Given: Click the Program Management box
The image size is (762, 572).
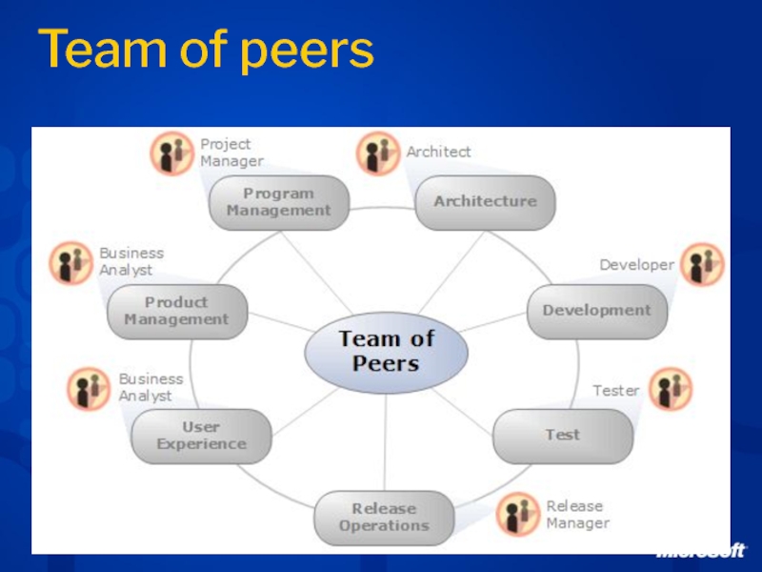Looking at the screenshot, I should click(x=279, y=202).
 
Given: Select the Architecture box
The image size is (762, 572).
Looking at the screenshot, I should click(x=485, y=202).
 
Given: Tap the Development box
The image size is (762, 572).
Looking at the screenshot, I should click(x=597, y=311).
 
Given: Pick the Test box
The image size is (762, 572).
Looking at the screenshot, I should click(x=562, y=435).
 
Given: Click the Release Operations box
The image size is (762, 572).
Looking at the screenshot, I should click(x=384, y=517).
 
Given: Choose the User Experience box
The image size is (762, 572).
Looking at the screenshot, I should click(x=201, y=436).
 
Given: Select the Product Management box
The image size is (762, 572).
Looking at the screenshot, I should click(x=176, y=312).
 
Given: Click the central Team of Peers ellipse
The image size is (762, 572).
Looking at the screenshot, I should click(x=386, y=351).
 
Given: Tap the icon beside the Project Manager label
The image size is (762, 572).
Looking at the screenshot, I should click(x=172, y=153).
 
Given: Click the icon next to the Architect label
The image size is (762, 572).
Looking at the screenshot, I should click(x=378, y=153).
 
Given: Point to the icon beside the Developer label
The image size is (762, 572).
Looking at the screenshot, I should click(x=701, y=264).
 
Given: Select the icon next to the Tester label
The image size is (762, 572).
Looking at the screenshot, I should click(x=671, y=390).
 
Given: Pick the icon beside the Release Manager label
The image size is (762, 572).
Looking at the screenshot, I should click(x=518, y=515).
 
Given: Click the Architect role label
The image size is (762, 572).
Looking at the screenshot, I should click(x=438, y=152).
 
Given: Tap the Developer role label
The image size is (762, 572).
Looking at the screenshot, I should click(x=636, y=265).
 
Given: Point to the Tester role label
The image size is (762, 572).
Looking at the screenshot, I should click(x=616, y=391).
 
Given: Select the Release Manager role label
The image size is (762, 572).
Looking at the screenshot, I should click(x=576, y=515).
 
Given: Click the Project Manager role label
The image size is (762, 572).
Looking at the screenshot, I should click(x=231, y=153).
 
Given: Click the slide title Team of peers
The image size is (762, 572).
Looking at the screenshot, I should click(x=206, y=51).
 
